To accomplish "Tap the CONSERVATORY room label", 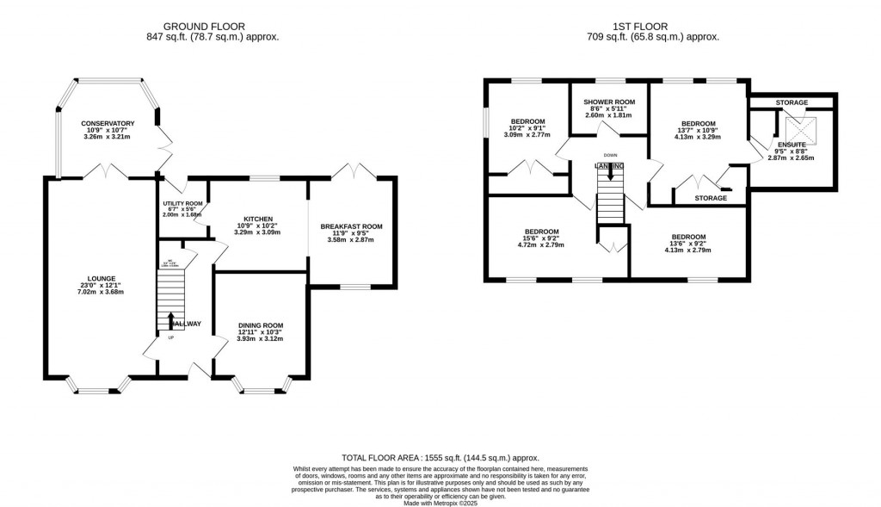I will (x=108, y=124).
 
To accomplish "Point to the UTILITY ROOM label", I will (x=182, y=203).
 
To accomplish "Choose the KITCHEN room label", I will (x=257, y=219).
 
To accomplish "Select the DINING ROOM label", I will (x=260, y=325).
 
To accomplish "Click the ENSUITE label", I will (x=792, y=145).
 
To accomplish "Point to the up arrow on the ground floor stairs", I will (x=170, y=320).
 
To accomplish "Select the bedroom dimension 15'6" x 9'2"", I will (x=542, y=239).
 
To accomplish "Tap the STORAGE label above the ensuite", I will (x=792, y=103).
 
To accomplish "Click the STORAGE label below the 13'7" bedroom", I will (x=710, y=198).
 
